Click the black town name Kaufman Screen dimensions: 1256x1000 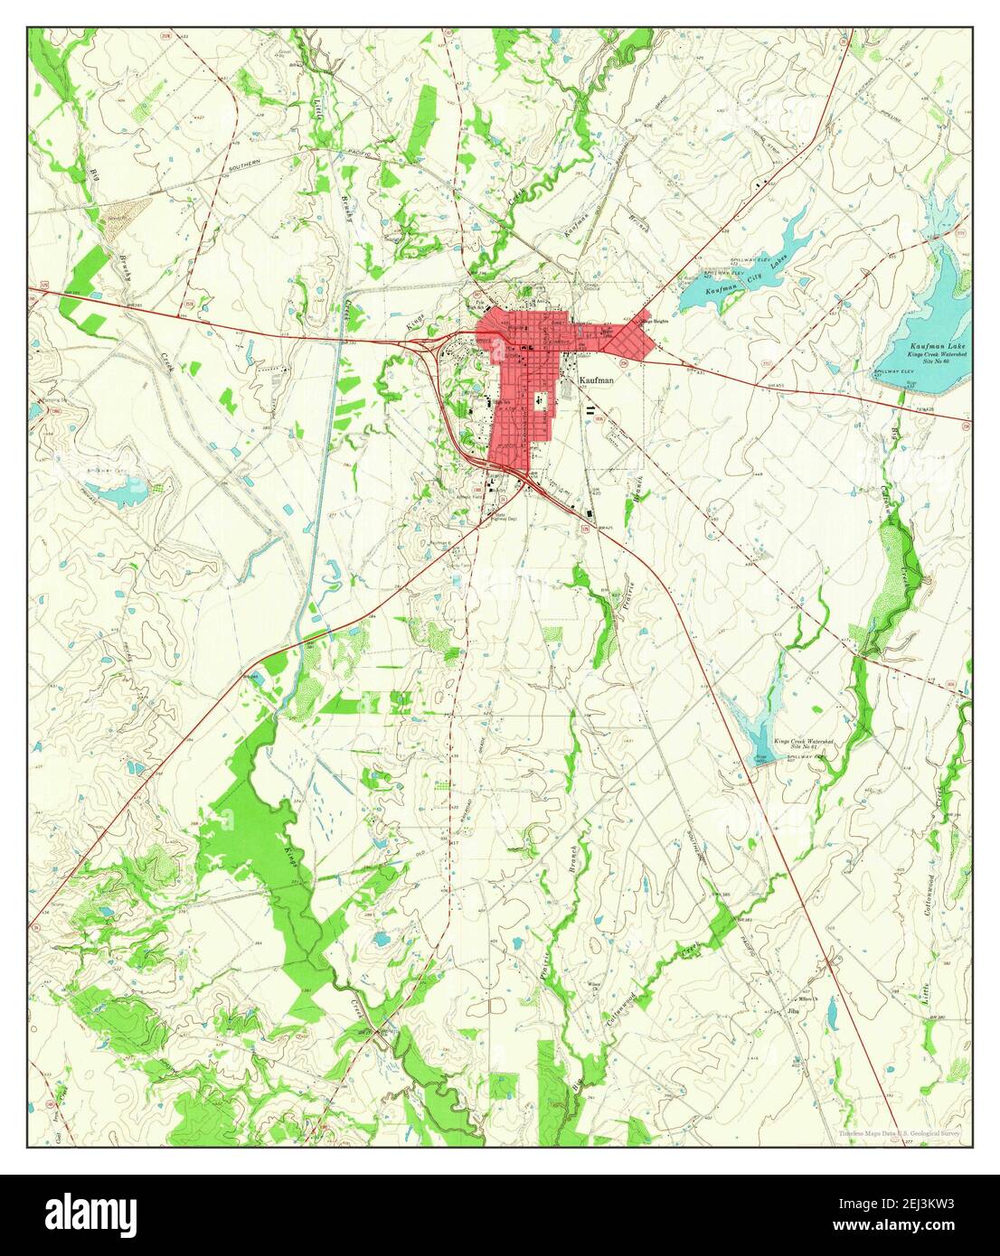(597, 381)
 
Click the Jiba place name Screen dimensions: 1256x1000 (794, 1010)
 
